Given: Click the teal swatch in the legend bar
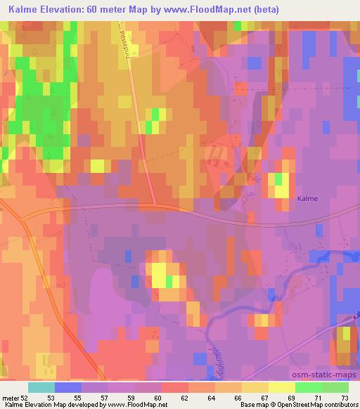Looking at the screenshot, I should [41, 387].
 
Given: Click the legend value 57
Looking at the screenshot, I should [105, 397].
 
